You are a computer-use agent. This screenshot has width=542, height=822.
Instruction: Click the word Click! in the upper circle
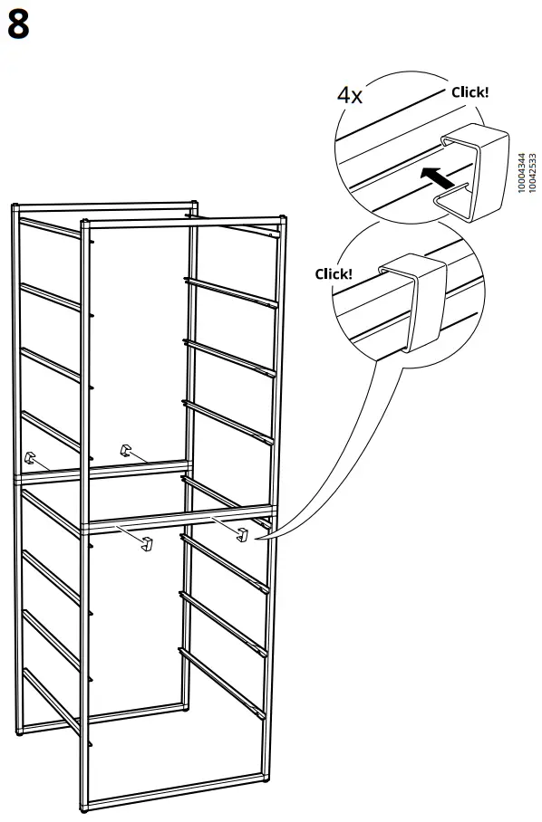[469, 91]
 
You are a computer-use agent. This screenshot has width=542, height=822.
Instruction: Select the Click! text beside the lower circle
[334, 273]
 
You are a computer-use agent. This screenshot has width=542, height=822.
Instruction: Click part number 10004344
[519, 171]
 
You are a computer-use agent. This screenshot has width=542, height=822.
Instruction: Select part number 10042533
[531, 171]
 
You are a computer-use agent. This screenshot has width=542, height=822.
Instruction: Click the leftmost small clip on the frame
[32, 459]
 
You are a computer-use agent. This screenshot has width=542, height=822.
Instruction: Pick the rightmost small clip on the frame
[242, 534]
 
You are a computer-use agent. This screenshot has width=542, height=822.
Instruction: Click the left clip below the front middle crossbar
[148, 543]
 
